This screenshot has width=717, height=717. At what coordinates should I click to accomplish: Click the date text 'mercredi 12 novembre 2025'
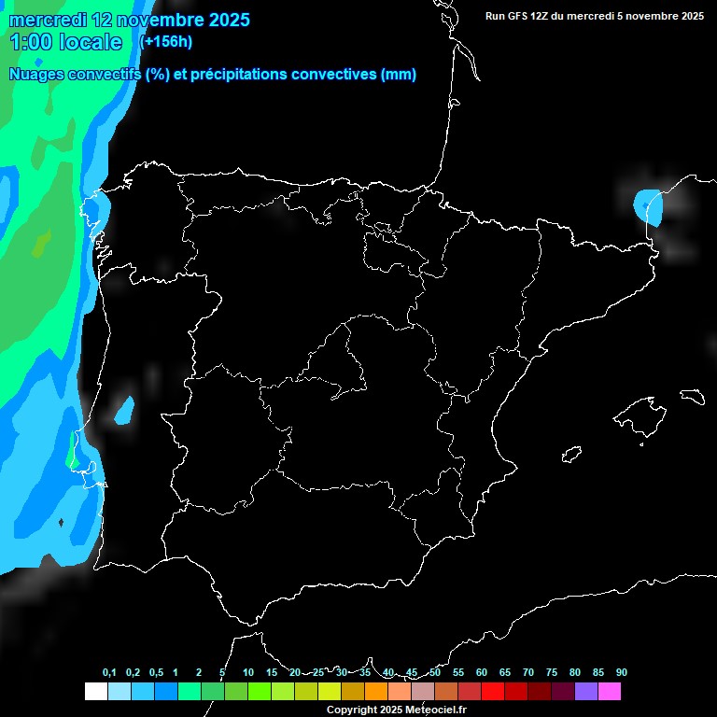[130, 20]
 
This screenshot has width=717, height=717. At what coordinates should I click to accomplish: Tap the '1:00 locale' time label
[65, 42]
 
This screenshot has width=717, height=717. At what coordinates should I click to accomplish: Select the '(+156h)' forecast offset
[166, 42]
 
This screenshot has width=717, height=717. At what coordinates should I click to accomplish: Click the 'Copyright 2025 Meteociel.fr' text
[396, 710]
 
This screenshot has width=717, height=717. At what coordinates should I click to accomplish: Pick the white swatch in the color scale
[95, 691]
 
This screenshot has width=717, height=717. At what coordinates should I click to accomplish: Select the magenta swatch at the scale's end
[609, 691]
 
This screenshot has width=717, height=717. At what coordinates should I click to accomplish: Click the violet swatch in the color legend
[585, 691]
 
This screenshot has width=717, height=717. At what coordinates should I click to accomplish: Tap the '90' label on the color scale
[621, 673]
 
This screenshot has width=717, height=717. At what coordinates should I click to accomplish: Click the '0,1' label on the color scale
[109, 673]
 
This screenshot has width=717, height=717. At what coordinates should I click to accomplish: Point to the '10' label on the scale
[247, 673]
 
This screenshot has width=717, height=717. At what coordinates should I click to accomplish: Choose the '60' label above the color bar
[481, 673]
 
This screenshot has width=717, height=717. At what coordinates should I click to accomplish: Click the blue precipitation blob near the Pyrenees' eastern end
[648, 207]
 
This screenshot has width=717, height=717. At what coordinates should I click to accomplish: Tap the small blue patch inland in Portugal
[124, 409]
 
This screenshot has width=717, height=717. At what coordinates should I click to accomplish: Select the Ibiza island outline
[572, 455]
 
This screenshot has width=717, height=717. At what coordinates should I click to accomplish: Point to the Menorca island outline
[692, 394]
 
